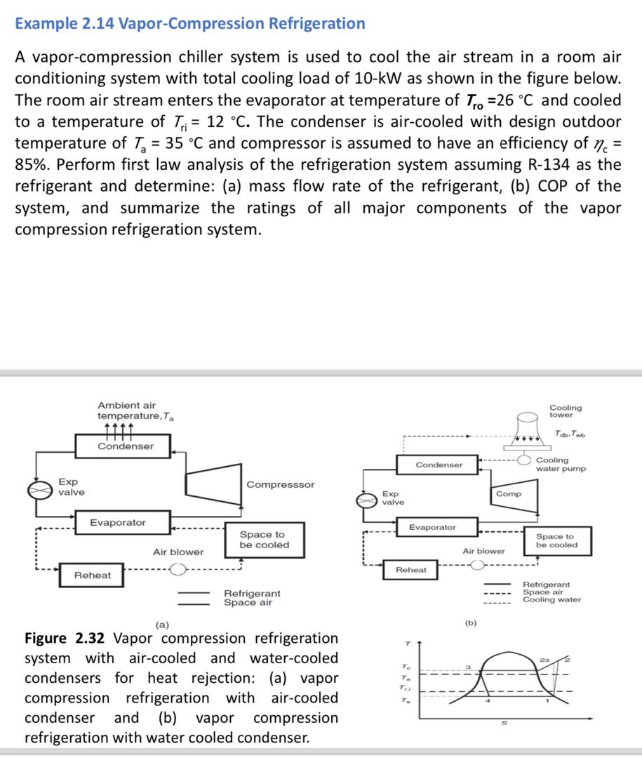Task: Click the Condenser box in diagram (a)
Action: pyautogui.click(x=125, y=446)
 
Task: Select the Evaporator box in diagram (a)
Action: pyautogui.click(x=118, y=523)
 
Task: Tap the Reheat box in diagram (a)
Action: pyautogui.click(x=93, y=575)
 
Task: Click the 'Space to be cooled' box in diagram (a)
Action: pyautogui.click(x=264, y=540)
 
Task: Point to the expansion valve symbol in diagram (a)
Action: pyautogui.click(x=41, y=489)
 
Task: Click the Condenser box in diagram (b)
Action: pyautogui.click(x=439, y=465)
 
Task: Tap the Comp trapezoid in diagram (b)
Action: pyautogui.click(x=508, y=493)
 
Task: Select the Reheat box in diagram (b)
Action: pyautogui.click(x=410, y=570)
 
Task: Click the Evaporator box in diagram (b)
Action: pyautogui.click(x=432, y=527)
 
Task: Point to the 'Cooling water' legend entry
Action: pyautogui.click(x=551, y=600)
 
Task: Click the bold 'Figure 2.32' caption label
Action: pyautogui.click(x=65, y=638)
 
